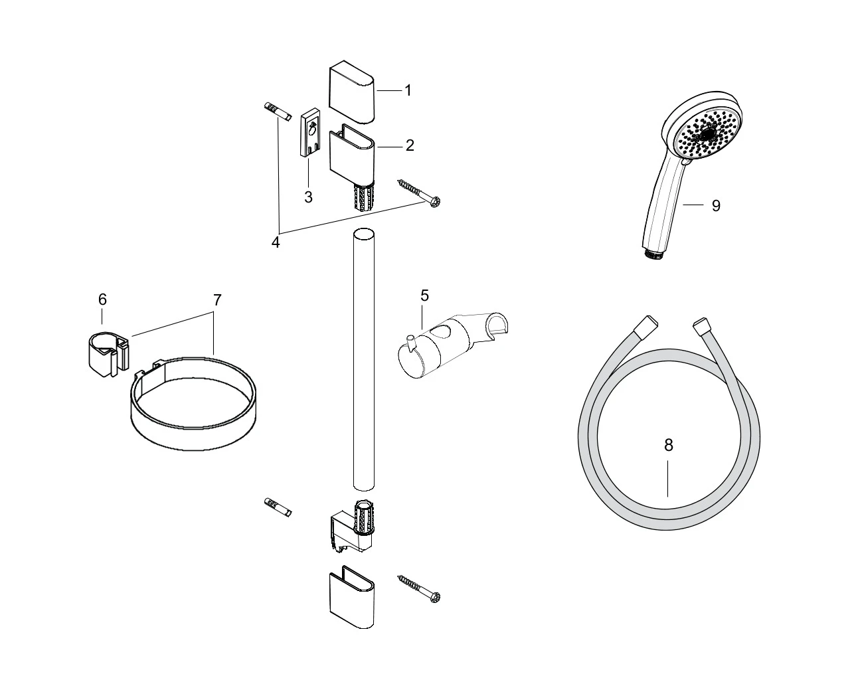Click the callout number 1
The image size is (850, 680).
[x=408, y=90]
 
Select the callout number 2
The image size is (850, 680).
[x=410, y=145]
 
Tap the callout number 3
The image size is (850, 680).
[x=309, y=197]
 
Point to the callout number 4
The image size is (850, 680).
[x=276, y=242]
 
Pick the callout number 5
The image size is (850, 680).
[x=424, y=295]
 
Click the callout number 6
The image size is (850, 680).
[x=102, y=299]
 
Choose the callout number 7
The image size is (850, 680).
[x=217, y=300]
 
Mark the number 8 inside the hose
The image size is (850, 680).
[x=668, y=446]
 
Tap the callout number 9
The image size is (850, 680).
[x=716, y=205]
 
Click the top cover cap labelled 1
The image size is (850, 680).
[x=351, y=91]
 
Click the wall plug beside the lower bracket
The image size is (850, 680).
[x=278, y=508]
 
